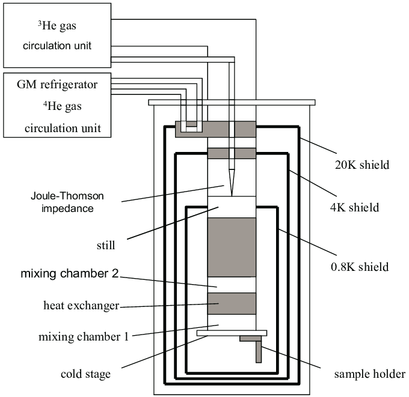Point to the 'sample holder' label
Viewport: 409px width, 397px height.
370,374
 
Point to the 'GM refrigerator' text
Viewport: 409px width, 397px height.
58,85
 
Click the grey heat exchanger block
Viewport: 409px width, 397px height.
232,303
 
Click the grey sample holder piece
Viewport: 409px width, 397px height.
258,352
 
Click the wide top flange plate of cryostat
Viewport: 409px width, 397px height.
232,102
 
